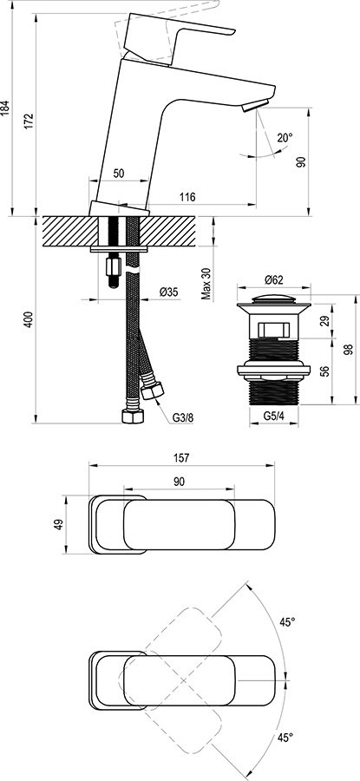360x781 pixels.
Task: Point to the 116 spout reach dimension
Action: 186,198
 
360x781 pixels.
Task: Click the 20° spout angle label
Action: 285,137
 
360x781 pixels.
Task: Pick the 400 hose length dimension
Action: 29,320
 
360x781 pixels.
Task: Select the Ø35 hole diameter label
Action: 169,292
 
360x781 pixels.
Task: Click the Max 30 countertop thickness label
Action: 206,283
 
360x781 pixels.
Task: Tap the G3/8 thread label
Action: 182,417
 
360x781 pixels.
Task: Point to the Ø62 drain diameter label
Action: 273,279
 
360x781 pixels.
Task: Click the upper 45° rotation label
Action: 286,621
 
